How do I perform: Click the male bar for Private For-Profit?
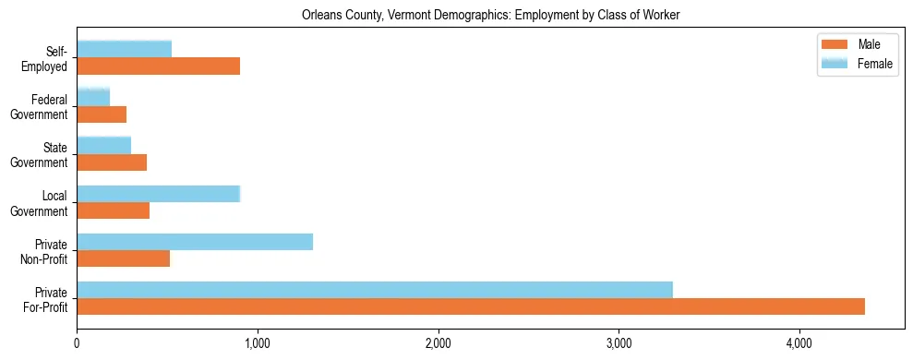coord(471,306)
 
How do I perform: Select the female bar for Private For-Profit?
coord(375,290)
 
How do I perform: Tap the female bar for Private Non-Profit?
coord(195,242)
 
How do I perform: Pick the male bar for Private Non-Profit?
coord(124,258)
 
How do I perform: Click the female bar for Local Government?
coord(159,194)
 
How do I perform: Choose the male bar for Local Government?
coord(114,210)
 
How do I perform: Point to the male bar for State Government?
coord(112,162)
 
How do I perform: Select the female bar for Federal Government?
coord(93,97)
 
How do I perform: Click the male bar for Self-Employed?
coord(159,66)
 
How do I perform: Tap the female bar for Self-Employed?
coord(125,49)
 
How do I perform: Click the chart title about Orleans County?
coord(490,16)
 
